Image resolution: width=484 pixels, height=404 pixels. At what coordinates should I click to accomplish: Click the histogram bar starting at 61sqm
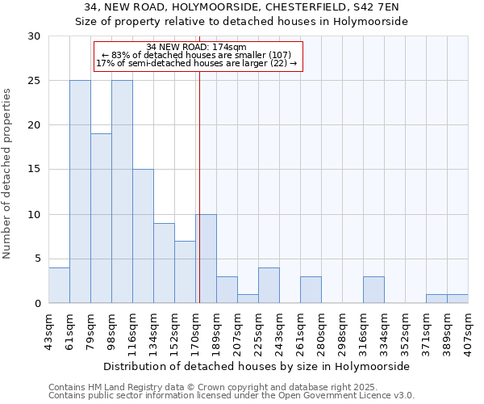coord(80,191)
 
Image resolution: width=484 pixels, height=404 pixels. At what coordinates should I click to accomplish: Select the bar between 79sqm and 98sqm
coord(101,218)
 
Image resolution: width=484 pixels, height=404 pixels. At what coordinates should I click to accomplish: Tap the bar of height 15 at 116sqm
coord(143,236)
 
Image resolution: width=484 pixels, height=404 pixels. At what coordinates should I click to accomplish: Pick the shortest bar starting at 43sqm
coord(59,285)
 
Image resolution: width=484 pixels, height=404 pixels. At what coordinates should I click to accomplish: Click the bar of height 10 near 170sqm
coord(206,259)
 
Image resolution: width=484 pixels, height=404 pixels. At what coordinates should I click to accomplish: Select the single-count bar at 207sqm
coord(248,299)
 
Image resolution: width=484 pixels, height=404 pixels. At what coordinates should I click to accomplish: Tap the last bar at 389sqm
coord(457,299)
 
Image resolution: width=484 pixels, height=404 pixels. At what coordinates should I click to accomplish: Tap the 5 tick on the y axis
coord(37,259)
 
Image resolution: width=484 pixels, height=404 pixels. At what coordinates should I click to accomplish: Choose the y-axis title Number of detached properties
coord(8,170)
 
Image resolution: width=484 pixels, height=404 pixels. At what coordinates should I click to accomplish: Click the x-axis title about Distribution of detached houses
coord(257,366)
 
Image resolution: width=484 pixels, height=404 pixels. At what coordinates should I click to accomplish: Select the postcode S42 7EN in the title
coord(370,7)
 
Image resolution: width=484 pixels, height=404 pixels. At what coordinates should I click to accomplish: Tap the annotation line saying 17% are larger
coord(197,63)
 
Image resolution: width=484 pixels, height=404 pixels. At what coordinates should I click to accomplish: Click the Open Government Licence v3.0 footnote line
coord(231,396)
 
